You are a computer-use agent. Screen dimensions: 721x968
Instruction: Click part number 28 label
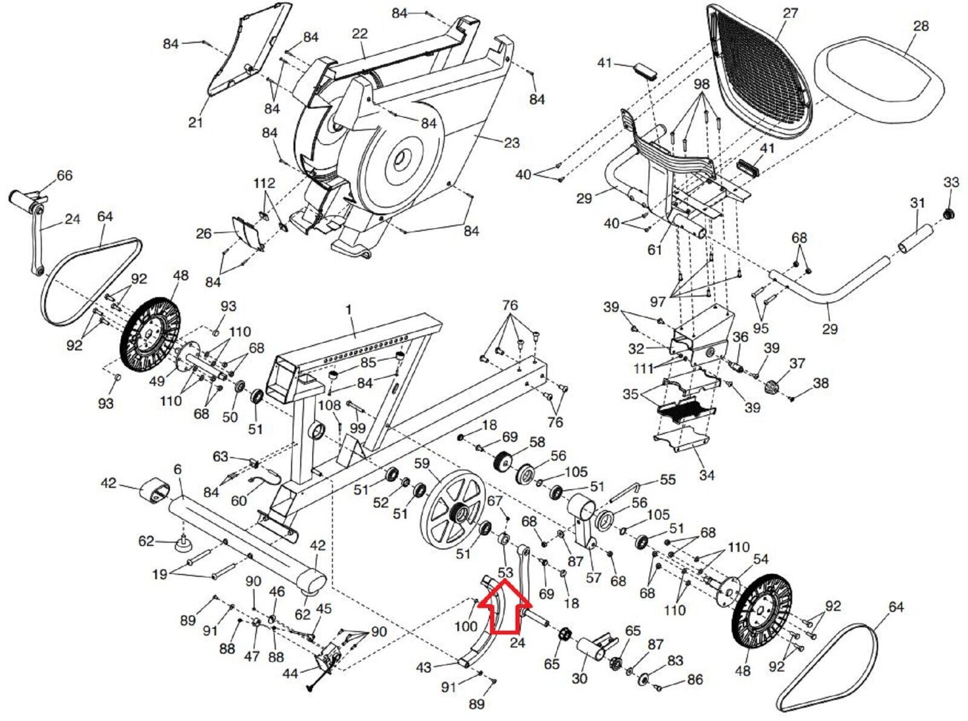(921, 26)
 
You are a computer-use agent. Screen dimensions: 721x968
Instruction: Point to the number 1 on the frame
(348, 309)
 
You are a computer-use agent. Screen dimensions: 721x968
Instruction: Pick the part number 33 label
(951, 182)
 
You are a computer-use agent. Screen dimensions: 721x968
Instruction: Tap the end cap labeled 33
(950, 212)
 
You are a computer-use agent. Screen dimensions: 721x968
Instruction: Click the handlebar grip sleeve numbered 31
(915, 240)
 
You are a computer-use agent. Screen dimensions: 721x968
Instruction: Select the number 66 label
(64, 176)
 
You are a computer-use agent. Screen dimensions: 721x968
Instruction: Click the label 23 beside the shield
(512, 143)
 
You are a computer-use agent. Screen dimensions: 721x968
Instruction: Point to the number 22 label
(359, 33)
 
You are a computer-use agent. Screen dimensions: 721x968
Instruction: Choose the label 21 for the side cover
(195, 122)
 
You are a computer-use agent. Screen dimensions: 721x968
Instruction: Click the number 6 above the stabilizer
(177, 470)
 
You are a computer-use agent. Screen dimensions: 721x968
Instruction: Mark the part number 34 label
(707, 475)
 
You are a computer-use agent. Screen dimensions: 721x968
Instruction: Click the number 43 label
(424, 667)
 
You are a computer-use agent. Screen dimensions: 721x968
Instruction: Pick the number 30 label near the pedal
(580, 678)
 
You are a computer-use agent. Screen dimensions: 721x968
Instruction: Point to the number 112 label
(264, 183)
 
